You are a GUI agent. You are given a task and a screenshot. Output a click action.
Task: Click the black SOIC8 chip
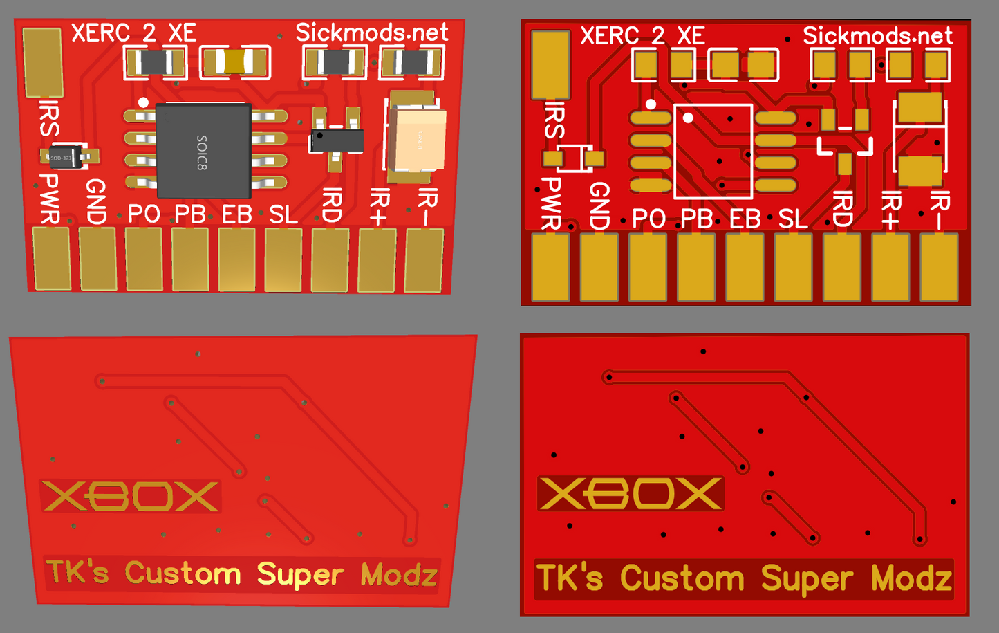coord(203,151)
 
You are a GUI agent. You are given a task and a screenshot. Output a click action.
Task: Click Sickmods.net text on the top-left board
coord(371,33)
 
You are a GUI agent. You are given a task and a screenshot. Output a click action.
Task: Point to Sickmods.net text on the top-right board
coord(877,35)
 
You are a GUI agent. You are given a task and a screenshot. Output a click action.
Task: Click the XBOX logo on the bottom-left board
coord(131,496)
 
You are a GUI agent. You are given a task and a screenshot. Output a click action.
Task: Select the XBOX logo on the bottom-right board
coord(630,493)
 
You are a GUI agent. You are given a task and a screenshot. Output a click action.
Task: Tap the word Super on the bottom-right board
coord(806,579)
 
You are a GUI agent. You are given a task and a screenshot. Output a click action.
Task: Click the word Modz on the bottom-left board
coord(399,575)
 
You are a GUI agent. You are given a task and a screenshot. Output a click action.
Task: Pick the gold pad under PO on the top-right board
coord(648,267)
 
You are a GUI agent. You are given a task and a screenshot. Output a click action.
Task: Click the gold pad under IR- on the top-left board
coord(423,260)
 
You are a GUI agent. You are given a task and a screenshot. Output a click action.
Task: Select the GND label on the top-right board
coord(599,205)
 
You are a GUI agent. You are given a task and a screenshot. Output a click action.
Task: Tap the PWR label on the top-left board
coord(49,199)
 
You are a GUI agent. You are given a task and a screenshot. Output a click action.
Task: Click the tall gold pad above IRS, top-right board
coord(550,64)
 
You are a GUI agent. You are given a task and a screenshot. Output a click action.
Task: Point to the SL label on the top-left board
coord(283,215)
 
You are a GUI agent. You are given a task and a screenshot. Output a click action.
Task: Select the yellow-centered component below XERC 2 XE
coord(234,62)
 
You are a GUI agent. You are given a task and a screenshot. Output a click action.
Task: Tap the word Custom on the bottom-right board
coord(682,578)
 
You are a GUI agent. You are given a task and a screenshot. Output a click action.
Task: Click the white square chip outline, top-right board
coord(713,151)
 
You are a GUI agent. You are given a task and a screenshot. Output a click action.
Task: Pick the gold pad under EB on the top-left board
coord(236,259)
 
